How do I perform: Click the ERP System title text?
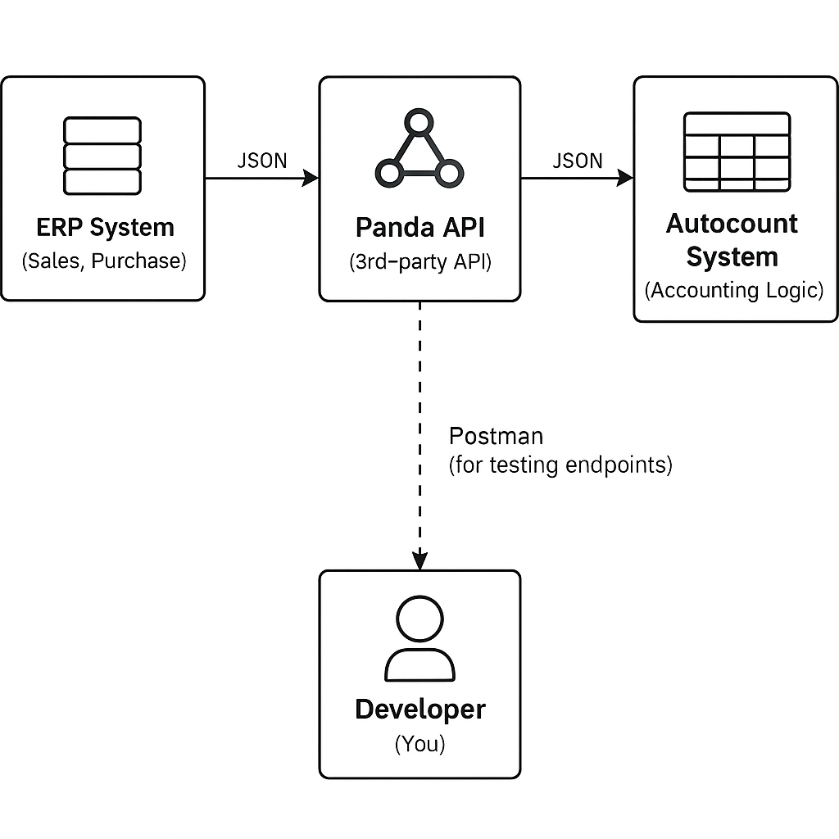pos(105,227)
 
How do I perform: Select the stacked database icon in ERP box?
pos(102,156)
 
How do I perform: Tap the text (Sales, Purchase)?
pos(104,261)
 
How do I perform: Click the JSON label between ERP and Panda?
pos(261,161)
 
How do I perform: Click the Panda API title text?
pos(419,227)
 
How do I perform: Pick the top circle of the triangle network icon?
pos(419,125)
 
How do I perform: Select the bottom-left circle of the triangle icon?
pos(388,173)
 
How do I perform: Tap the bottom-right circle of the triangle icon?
pos(450,173)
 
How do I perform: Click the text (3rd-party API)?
pos(419,263)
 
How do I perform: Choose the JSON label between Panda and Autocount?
pos(577,161)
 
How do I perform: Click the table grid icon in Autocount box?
pos(737,151)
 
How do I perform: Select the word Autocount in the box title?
pos(732,224)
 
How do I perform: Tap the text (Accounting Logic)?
pos(734,290)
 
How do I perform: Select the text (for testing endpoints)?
pos(560,465)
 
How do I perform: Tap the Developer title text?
pos(419,710)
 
